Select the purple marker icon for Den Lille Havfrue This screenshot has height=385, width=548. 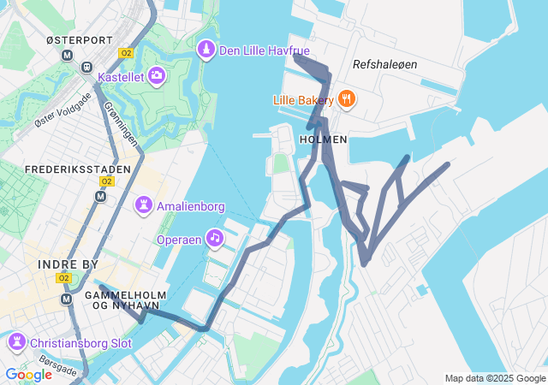tap(206, 50)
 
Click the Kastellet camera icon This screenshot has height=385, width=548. tap(156, 77)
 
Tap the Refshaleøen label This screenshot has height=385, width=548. tap(384, 64)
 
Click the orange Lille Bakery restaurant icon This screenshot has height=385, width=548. tap(347, 99)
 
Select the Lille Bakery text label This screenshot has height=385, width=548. tap(304, 100)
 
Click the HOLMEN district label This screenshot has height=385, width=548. tap(324, 139)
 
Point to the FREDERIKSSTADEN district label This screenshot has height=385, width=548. tap(78, 169)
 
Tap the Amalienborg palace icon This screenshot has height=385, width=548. tap(144, 205)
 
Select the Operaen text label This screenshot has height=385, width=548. tap(179, 240)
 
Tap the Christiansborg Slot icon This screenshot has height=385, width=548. tap(16, 343)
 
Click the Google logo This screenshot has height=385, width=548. tap(28, 375)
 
